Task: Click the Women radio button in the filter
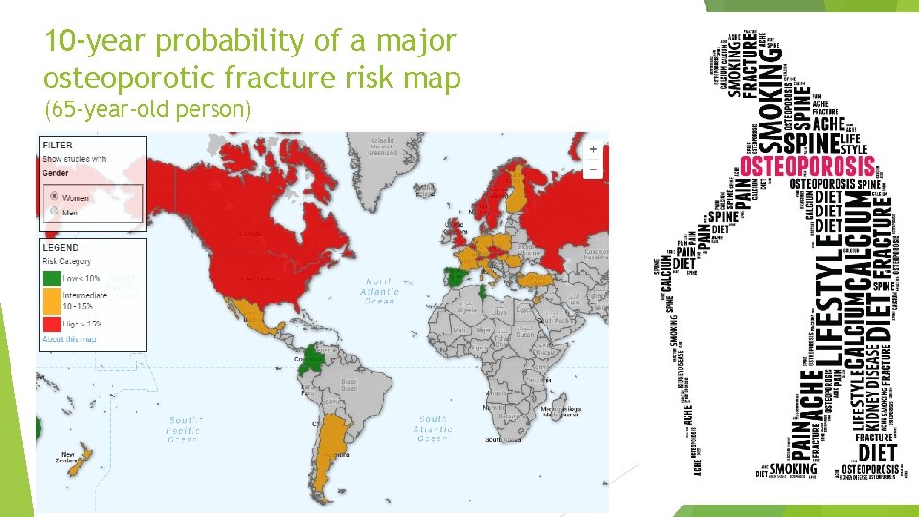pyautogui.click(x=54, y=197)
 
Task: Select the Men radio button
pyautogui.click(x=54, y=211)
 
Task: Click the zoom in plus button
pyautogui.click(x=594, y=149)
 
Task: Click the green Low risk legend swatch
pyautogui.click(x=49, y=278)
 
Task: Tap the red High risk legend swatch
pyautogui.click(x=49, y=325)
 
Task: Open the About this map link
pyautogui.click(x=67, y=339)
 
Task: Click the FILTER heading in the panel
pyautogui.click(x=56, y=146)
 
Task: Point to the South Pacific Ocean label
pyautogui.click(x=182, y=429)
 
